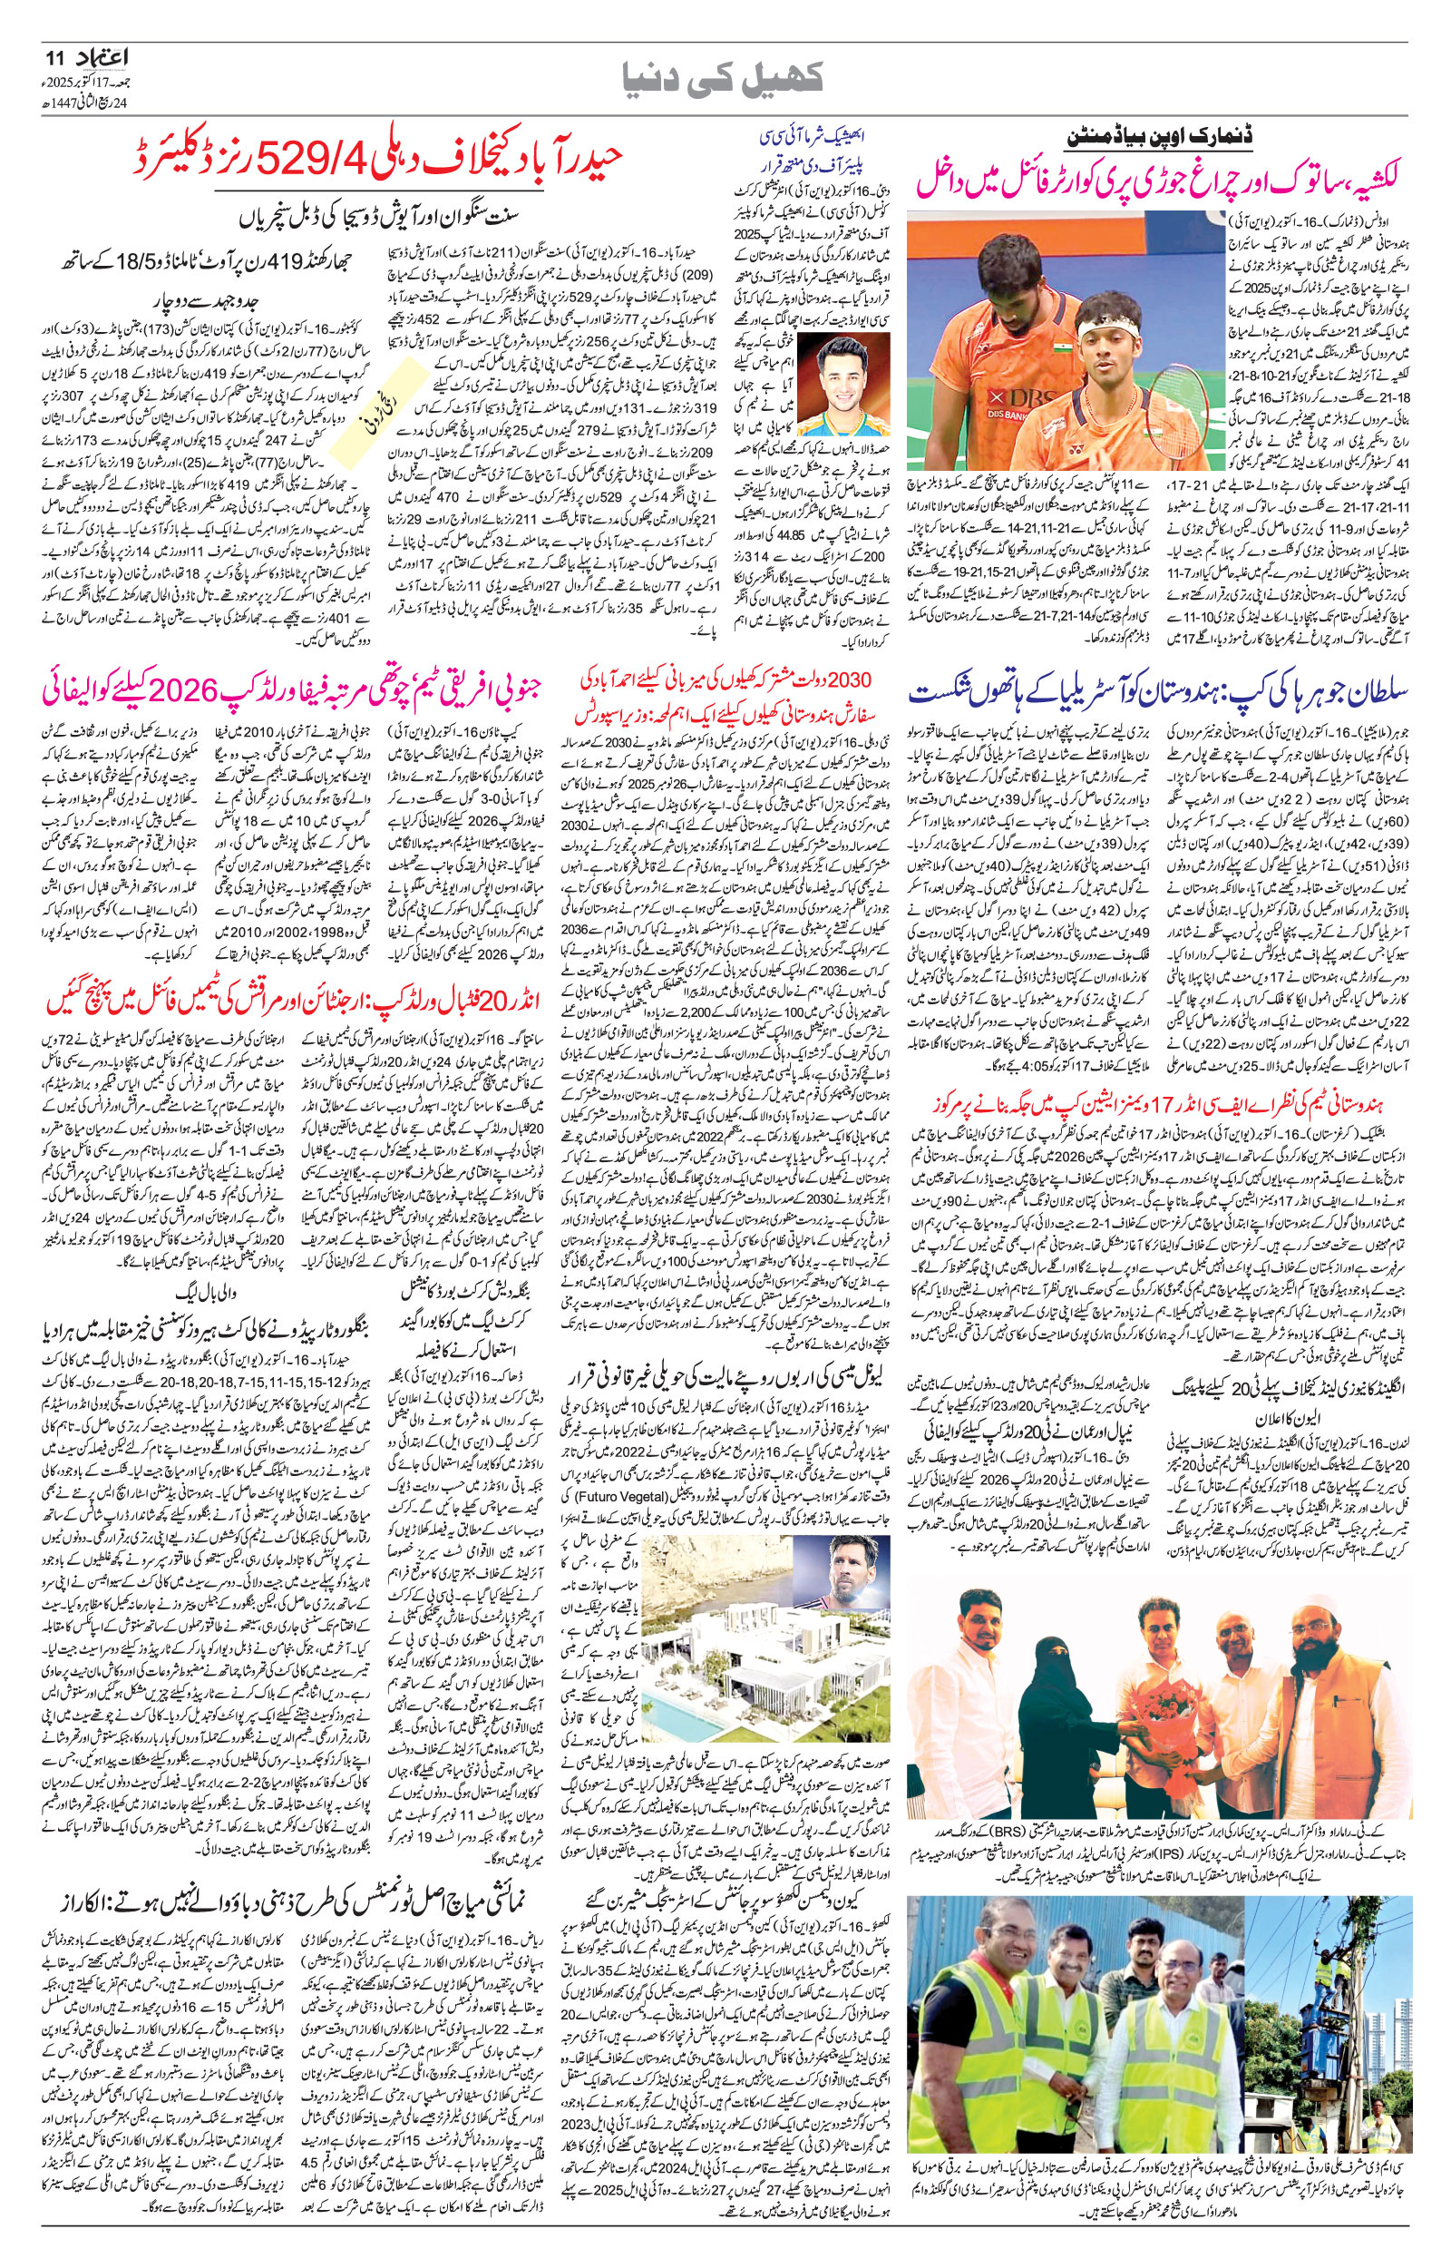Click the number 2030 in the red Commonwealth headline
tap(850, 680)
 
